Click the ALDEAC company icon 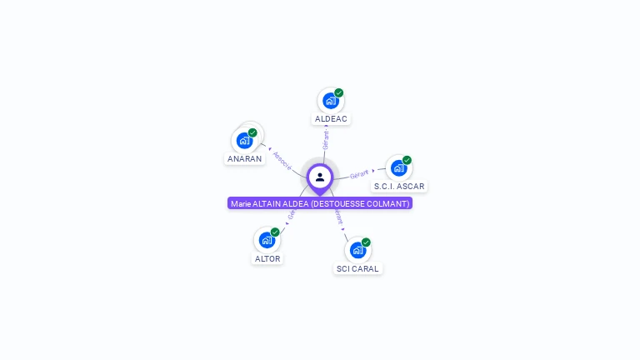pyautogui.click(x=330, y=101)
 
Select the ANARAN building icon pyautogui.click(x=244, y=140)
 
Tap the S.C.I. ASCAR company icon pyautogui.click(x=398, y=167)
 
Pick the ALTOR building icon pyautogui.click(x=267, y=240)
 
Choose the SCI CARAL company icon pyautogui.click(x=357, y=250)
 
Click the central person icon pyautogui.click(x=320, y=177)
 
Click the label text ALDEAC pyautogui.click(x=331, y=119)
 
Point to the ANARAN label pyautogui.click(x=244, y=158)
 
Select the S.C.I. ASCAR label pyautogui.click(x=399, y=186)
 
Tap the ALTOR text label pyautogui.click(x=267, y=258)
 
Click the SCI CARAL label pyautogui.click(x=357, y=268)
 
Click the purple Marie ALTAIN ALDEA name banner pyautogui.click(x=320, y=203)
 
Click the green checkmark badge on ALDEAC pyautogui.click(x=339, y=92)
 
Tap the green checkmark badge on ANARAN pyautogui.click(x=252, y=132)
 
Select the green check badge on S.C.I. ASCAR pyautogui.click(x=407, y=160)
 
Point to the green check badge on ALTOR pyautogui.click(x=275, y=232)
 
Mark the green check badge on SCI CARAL pyautogui.click(x=366, y=242)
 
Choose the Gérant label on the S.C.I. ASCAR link pyautogui.click(x=359, y=174)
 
